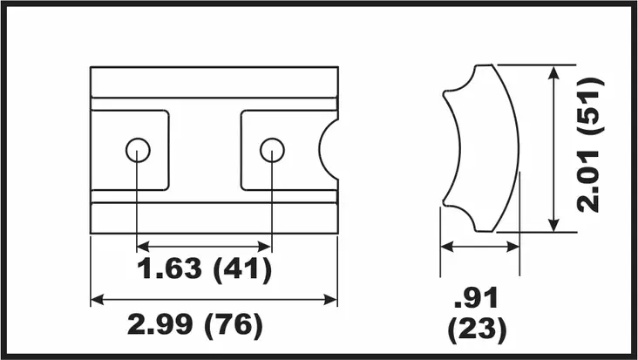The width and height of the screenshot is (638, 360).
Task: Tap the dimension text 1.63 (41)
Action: coord(204,268)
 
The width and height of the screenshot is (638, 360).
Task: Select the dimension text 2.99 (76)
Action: coord(195,324)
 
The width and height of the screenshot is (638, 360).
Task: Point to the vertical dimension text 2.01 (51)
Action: coord(589,146)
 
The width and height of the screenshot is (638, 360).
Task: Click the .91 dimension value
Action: coord(476,298)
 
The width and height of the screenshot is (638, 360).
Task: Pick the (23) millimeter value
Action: coord(478,329)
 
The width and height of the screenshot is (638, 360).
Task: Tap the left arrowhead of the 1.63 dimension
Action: coord(142,246)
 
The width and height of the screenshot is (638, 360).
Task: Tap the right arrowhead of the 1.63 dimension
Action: coord(265,246)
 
